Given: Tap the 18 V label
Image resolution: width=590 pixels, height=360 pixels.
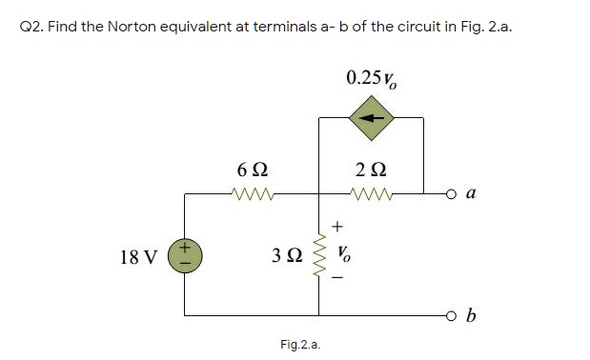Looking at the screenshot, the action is click(139, 256).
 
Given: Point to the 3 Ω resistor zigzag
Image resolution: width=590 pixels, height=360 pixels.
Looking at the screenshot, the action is click(318, 254).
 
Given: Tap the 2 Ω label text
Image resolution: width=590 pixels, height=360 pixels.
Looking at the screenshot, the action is click(370, 170).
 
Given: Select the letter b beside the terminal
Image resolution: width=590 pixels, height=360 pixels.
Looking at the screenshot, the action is click(474, 315).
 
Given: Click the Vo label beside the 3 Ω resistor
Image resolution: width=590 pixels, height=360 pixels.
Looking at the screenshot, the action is click(346, 255).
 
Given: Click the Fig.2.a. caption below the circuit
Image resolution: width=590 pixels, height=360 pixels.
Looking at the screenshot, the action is click(300, 344).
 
